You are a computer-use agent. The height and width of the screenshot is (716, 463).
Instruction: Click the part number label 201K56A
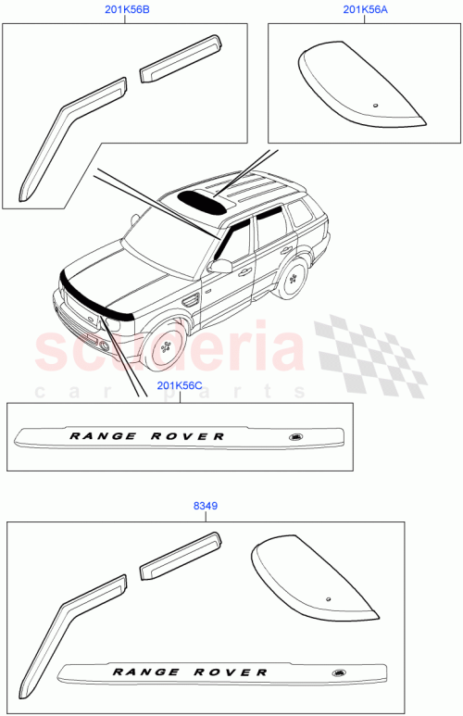coord(365,10)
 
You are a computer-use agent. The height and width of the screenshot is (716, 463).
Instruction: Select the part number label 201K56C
coord(180,386)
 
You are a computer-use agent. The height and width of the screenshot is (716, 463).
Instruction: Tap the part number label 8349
coord(206,507)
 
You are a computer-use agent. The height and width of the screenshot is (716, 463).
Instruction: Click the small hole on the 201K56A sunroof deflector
coord(376,104)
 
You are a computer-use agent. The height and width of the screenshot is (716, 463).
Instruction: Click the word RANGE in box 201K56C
coord(103,434)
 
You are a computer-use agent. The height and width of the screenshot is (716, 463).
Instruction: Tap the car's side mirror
coord(220,266)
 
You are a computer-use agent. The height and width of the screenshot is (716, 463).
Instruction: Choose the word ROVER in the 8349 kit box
coord(233,671)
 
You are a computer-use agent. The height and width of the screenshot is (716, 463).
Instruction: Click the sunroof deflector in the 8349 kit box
coord(310,579)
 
